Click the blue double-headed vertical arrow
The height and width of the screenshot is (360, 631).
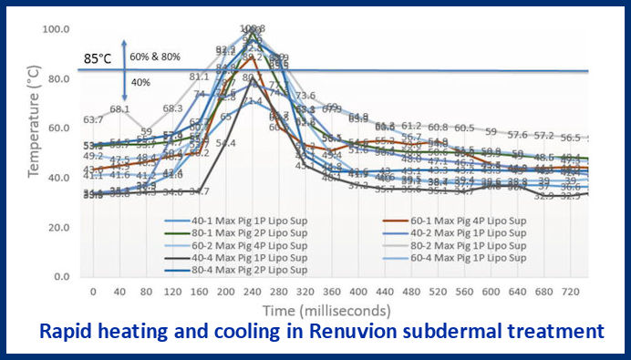pyautogui.click(x=124, y=69)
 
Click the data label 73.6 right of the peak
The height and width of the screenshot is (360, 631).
pyautogui.click(x=305, y=96)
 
